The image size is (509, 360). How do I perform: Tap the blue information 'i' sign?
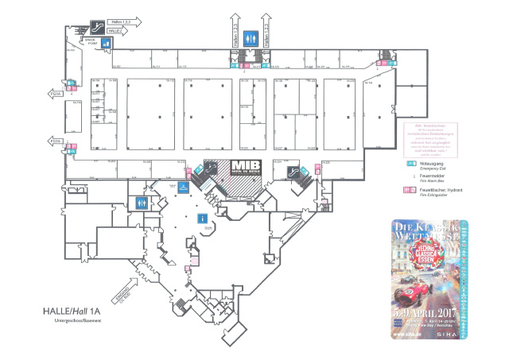(x=203, y=217)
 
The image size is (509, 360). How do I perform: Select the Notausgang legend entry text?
(x=433, y=161)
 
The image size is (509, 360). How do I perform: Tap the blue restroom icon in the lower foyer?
(x=142, y=202)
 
